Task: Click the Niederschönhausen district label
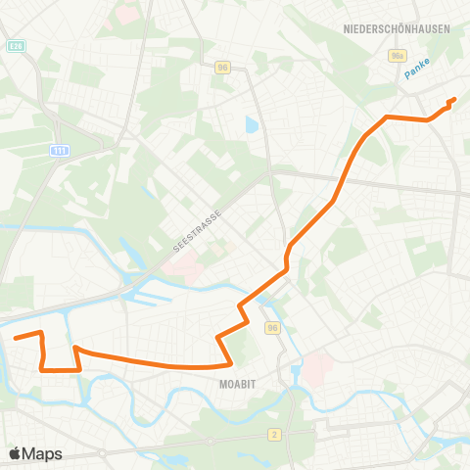pos(397,28)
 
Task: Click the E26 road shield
pos(16,45)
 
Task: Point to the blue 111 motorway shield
pos(60,150)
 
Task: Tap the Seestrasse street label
pos(198,231)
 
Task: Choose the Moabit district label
pos(239,384)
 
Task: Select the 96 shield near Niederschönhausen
pos(223,68)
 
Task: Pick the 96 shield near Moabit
pos(272,328)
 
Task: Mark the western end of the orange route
pos(15,338)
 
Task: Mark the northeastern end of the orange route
pos(454,99)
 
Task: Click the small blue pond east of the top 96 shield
pos(253,125)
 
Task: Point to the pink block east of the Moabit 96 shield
pos(318,368)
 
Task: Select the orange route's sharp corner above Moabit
pos(218,338)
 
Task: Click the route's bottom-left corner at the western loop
pos(43,369)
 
